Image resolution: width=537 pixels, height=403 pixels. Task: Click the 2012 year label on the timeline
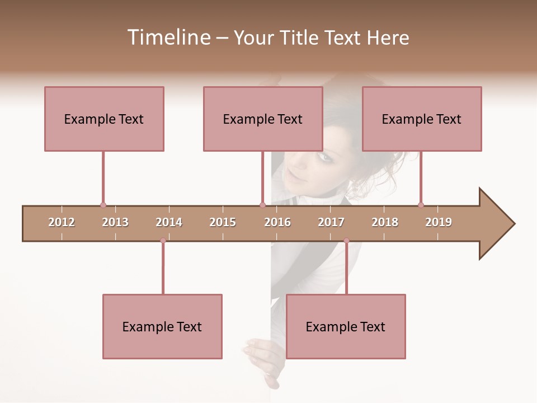[62, 222]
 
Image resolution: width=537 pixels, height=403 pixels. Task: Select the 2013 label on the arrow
[115, 222]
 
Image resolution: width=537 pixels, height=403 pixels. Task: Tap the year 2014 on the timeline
[169, 222]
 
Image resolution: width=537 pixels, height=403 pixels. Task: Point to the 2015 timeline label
[223, 222]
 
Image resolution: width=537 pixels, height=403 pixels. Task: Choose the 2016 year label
[277, 222]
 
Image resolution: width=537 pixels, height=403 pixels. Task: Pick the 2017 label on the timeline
[331, 222]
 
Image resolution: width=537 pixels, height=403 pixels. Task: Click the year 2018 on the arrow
[385, 222]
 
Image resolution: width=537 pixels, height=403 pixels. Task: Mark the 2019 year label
[439, 222]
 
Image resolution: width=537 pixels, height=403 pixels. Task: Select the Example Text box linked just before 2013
[104, 119]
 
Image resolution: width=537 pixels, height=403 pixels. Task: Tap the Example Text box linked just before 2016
[263, 119]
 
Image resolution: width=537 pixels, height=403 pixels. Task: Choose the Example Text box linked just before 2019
[422, 119]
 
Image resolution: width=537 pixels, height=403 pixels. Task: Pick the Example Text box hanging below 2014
[162, 326]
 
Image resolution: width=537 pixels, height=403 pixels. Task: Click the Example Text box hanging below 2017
[346, 326]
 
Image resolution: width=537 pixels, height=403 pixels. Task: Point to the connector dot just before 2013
[103, 205]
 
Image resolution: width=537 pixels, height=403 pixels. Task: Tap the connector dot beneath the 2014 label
[163, 241]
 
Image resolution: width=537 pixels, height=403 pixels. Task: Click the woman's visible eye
[324, 157]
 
